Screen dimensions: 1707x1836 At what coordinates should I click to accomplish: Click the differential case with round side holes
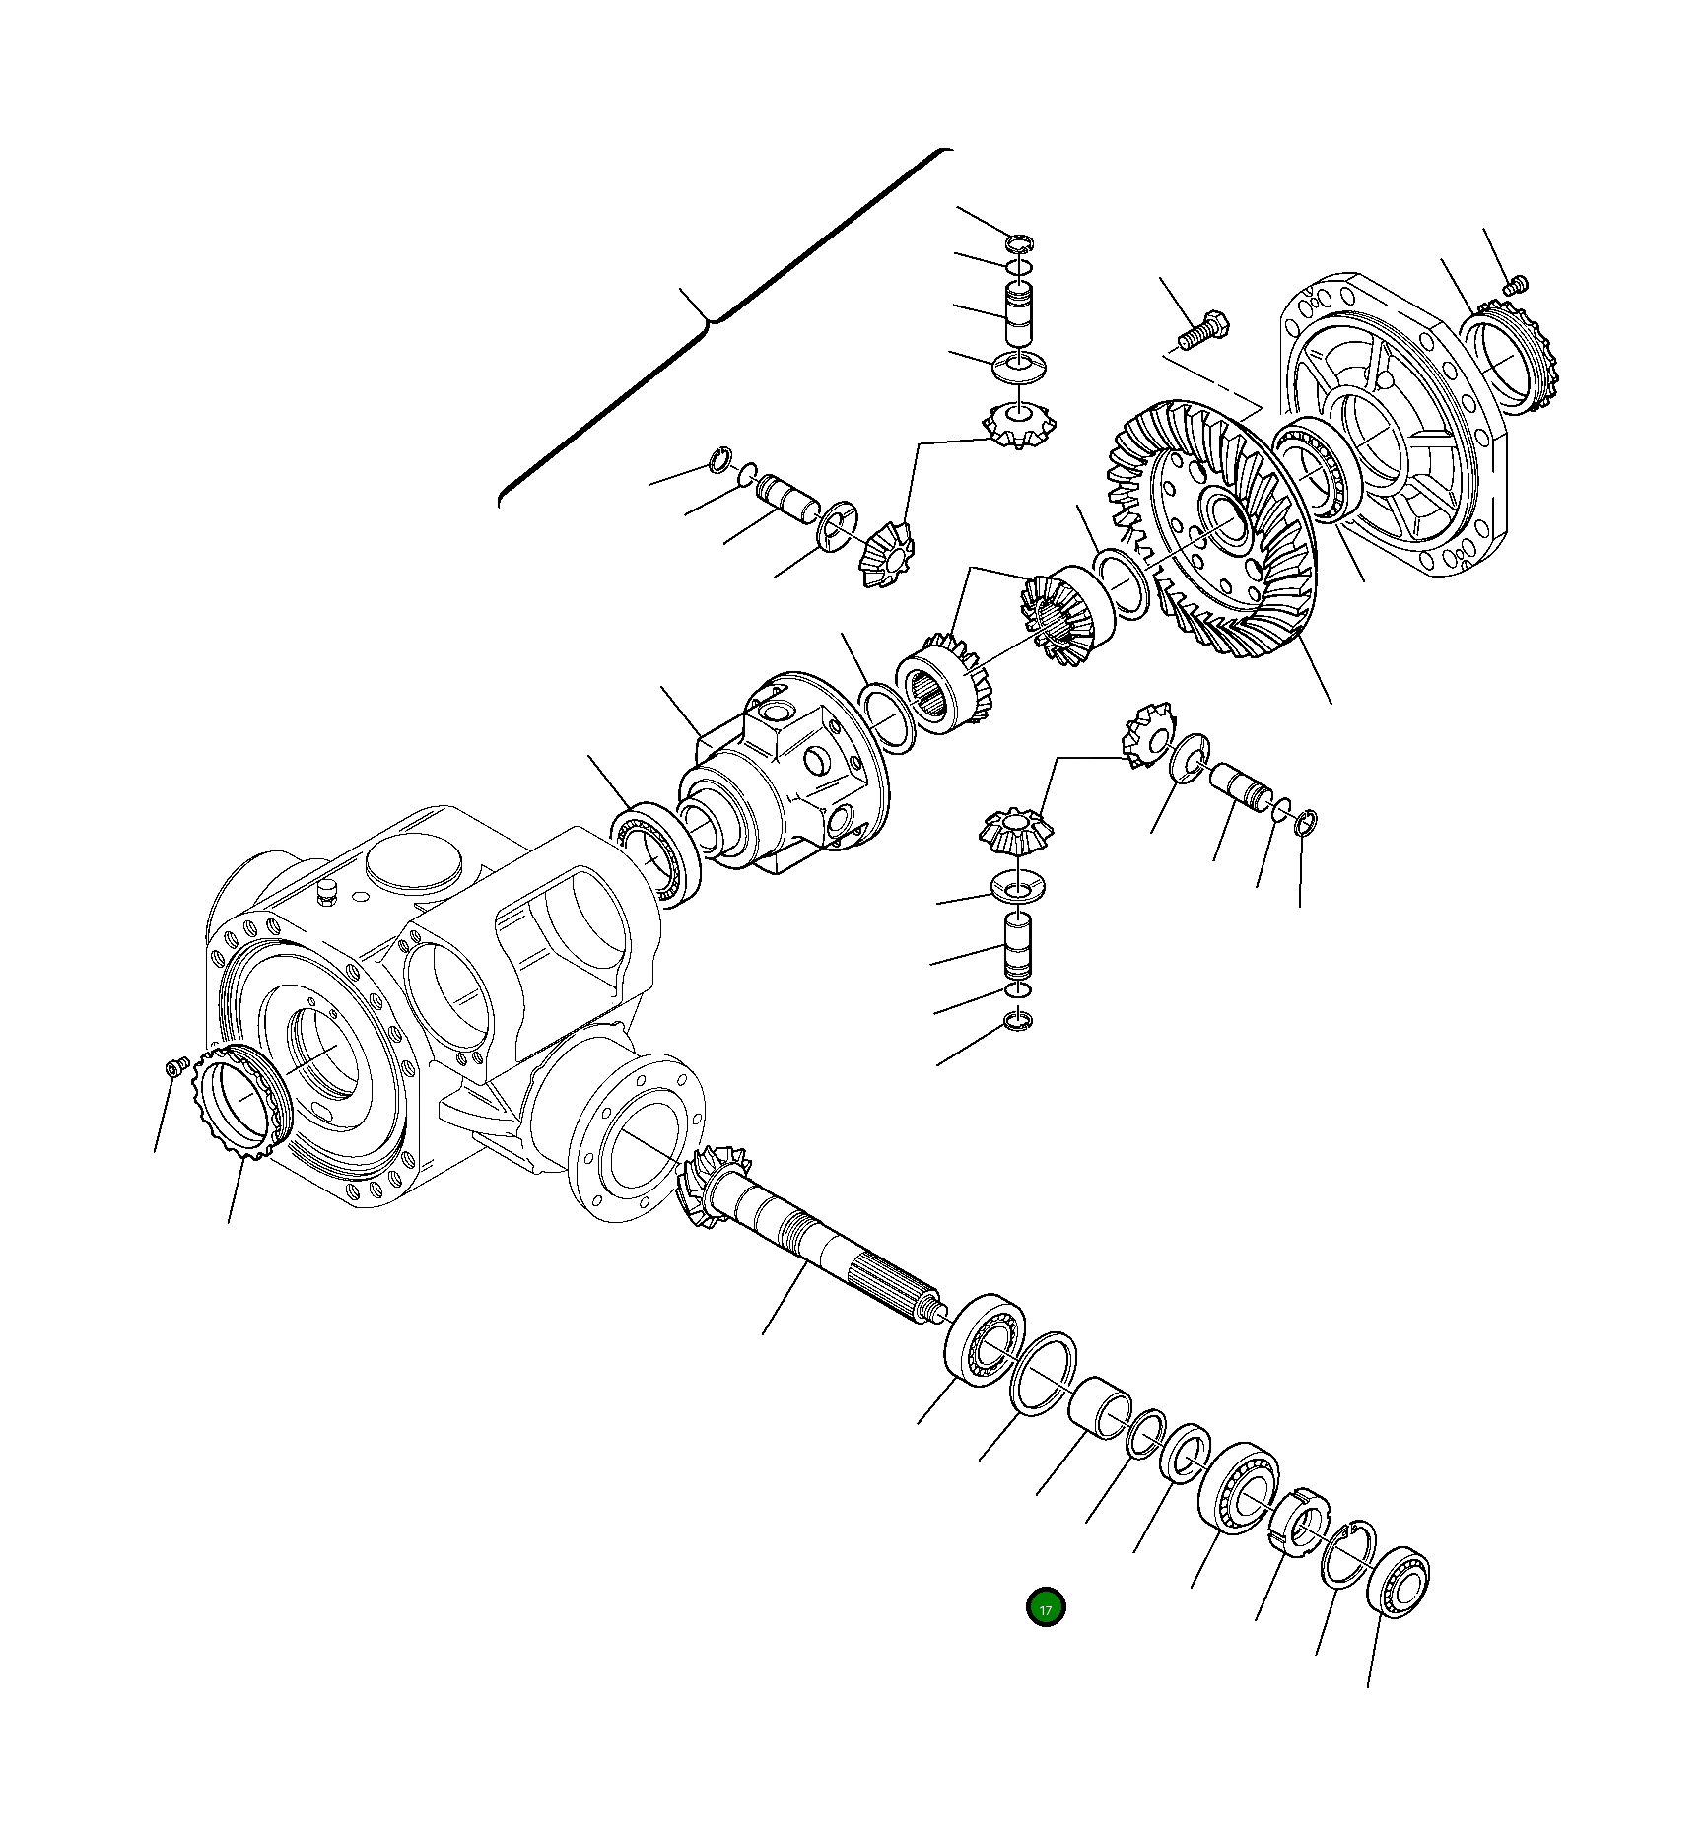(x=784, y=774)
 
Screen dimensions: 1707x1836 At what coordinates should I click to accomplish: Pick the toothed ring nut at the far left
(x=240, y=1104)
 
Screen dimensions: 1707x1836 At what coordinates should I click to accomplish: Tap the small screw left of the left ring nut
(x=175, y=1067)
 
